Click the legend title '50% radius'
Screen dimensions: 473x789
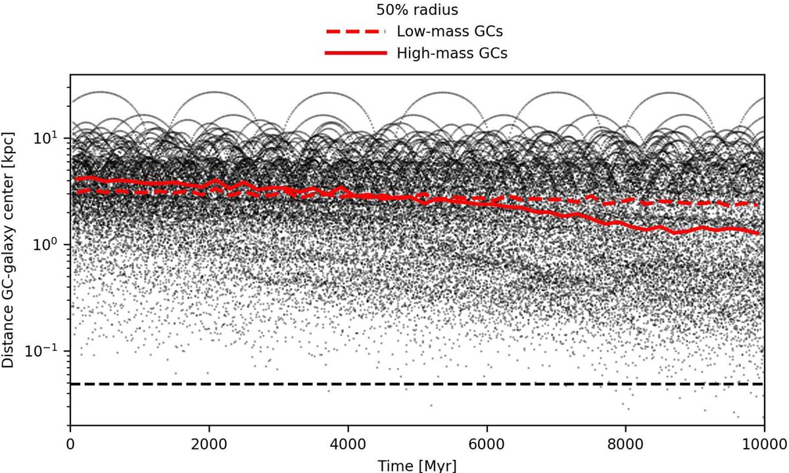417,11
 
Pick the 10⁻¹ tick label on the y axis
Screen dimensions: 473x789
49,351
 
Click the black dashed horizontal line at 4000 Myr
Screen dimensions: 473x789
348,384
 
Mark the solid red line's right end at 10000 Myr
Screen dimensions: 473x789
759,233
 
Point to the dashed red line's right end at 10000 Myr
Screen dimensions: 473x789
759,205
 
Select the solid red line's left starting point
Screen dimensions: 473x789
76,179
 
